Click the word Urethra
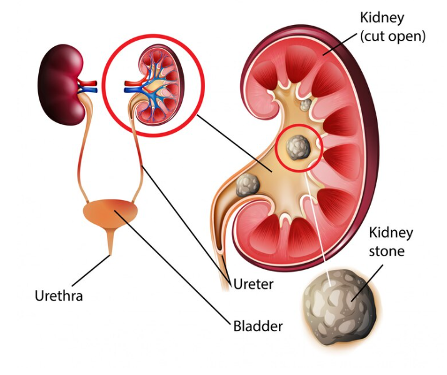59,296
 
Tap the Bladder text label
258,326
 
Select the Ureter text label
253,284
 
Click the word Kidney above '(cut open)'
382,18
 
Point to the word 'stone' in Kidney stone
386,251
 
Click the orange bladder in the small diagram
111,212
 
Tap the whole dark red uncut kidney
61,84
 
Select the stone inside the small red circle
298,147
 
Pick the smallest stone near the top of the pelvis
306,105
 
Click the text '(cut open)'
393,36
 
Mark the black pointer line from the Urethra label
91,271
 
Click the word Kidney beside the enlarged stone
391,233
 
